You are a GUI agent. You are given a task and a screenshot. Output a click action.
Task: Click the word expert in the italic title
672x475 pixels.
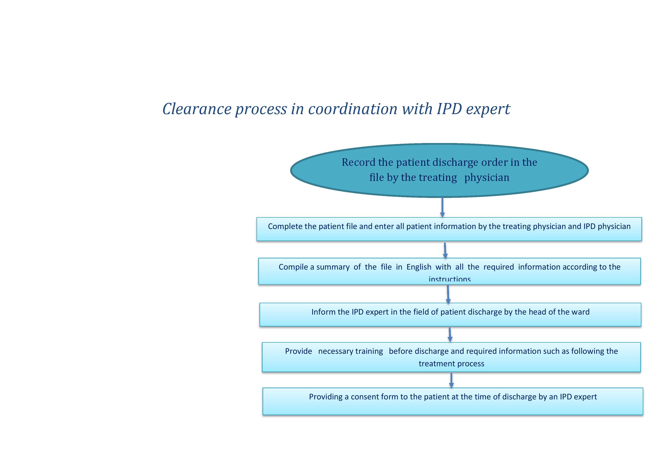click(x=488, y=109)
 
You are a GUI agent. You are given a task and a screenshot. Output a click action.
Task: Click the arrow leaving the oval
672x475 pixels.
click(x=442, y=207)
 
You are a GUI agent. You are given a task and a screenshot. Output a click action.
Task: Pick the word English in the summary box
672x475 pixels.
click(x=419, y=267)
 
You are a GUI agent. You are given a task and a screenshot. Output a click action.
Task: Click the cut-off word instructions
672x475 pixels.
click(x=450, y=279)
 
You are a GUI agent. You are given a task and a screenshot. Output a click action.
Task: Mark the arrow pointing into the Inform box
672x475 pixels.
click(x=448, y=294)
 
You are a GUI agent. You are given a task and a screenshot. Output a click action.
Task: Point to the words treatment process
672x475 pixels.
click(x=451, y=364)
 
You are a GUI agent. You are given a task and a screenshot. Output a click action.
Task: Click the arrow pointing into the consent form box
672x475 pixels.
click(x=451, y=380)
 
